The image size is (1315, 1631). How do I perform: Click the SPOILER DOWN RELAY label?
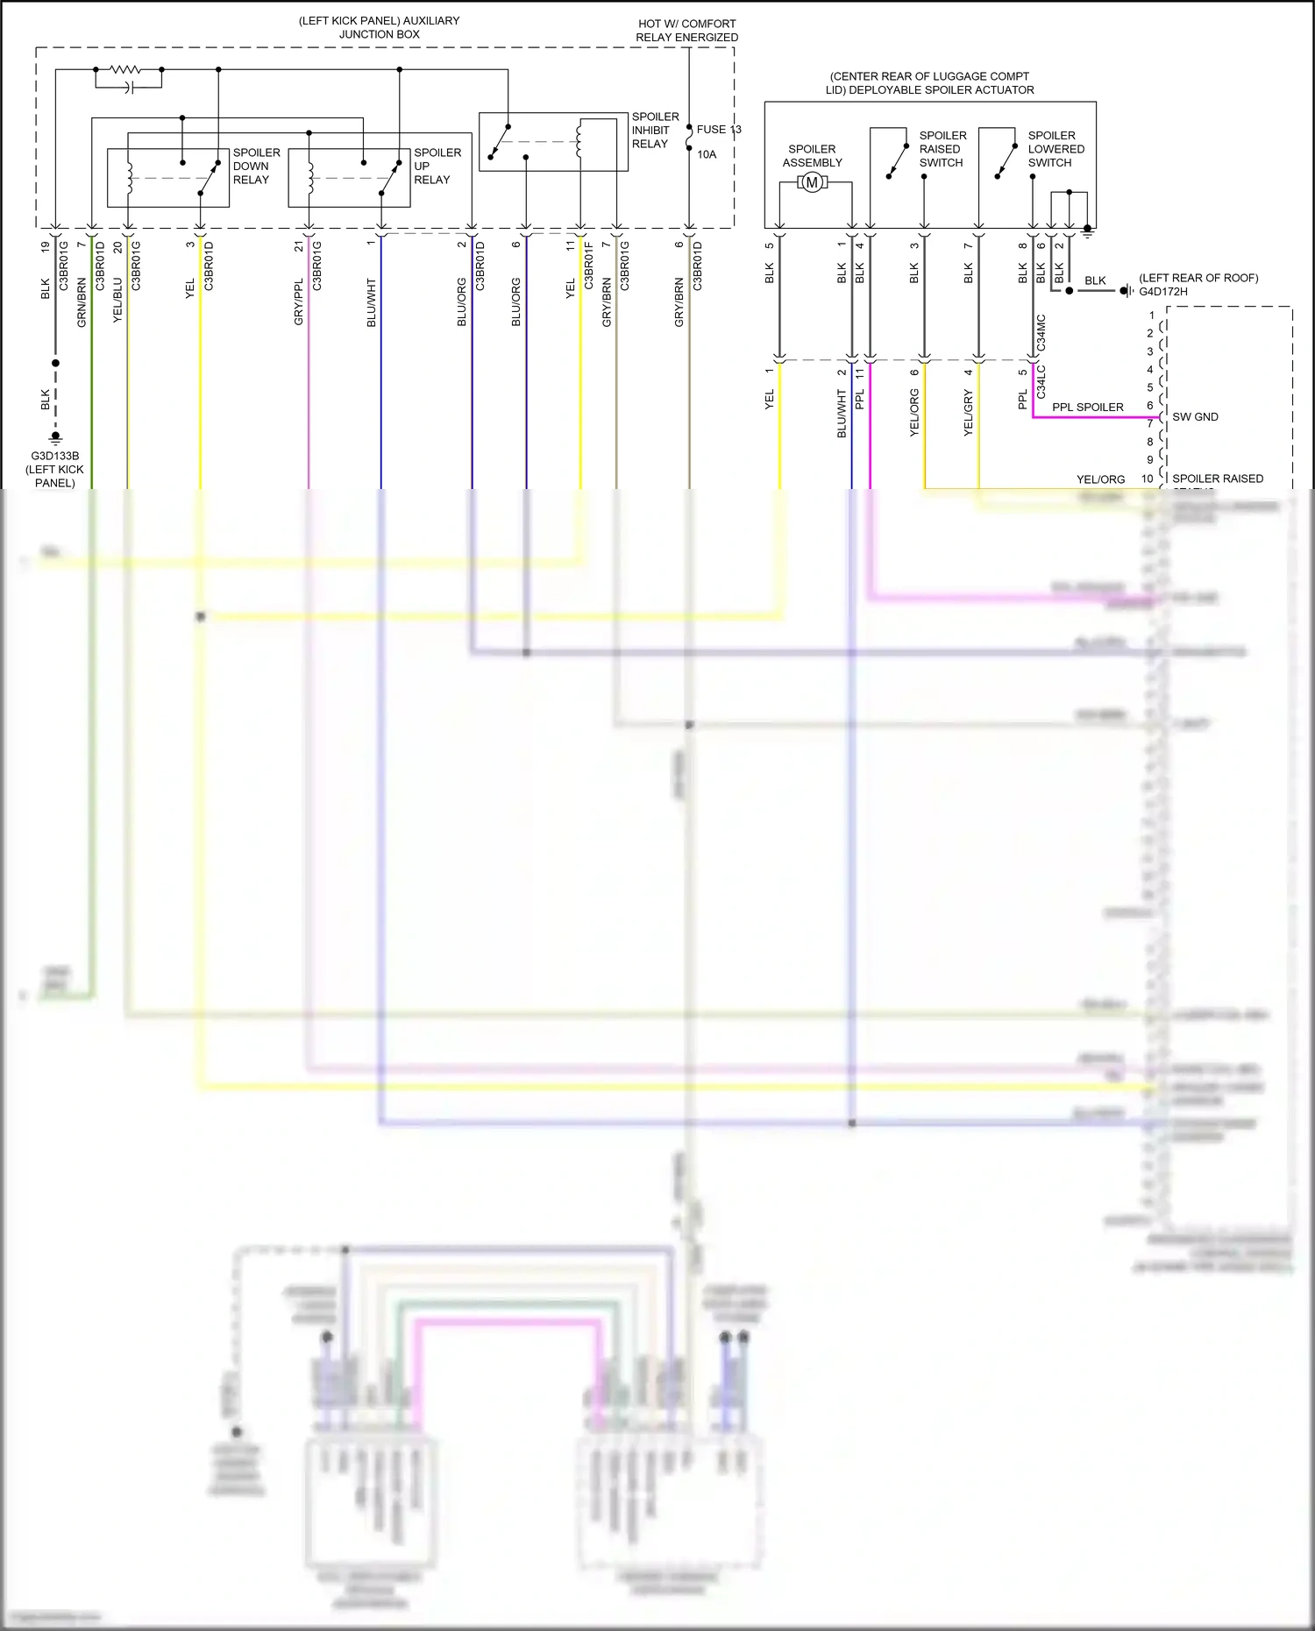(x=256, y=167)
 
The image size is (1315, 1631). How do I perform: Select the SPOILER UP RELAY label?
(x=437, y=167)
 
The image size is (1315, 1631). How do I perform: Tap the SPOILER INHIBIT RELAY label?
(x=655, y=131)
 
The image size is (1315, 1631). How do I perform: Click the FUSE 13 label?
(x=718, y=130)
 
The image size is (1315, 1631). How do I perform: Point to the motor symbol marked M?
(x=812, y=183)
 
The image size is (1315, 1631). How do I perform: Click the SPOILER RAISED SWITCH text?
(x=942, y=149)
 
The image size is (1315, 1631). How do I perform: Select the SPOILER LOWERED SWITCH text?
(x=1056, y=149)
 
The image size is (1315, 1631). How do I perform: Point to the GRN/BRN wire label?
(x=82, y=303)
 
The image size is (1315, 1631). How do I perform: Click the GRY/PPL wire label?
(x=298, y=303)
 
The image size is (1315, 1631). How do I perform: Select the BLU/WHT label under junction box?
(x=371, y=303)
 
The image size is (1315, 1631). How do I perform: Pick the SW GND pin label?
(x=1195, y=417)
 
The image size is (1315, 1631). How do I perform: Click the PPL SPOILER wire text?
(x=1087, y=408)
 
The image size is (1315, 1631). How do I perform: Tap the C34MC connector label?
(x=1041, y=334)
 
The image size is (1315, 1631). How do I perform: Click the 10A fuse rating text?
(x=707, y=154)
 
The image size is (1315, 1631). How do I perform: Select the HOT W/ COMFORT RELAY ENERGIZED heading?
(x=686, y=31)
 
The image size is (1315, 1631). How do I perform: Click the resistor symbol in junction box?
(x=124, y=69)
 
